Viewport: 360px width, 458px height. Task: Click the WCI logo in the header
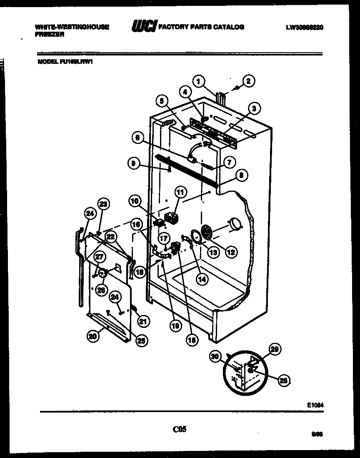[144, 27]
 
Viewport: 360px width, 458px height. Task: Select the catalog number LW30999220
[305, 28]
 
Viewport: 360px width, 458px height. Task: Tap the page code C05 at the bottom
[180, 428]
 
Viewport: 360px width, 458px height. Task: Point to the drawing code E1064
[315, 405]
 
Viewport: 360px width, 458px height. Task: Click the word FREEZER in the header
[50, 35]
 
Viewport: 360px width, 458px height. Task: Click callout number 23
[103, 204]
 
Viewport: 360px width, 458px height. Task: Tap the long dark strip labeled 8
[187, 171]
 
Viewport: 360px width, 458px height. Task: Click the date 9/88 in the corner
[318, 434]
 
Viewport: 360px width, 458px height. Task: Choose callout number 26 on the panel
[101, 290]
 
